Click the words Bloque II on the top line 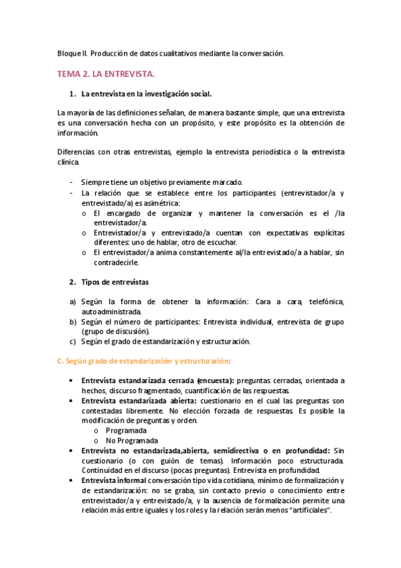(72, 53)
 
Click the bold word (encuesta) (211, 380)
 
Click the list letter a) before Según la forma (74, 301)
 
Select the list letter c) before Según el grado (74, 341)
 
